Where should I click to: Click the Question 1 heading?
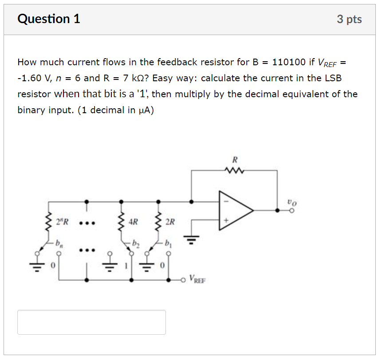pyautogui.click(x=49, y=19)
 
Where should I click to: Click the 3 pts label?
pyautogui.click(x=349, y=20)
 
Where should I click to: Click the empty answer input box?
pyautogui.click(x=91, y=322)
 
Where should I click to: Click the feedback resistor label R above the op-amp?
pyautogui.click(x=235, y=158)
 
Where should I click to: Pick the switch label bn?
pyautogui.click(x=59, y=243)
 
